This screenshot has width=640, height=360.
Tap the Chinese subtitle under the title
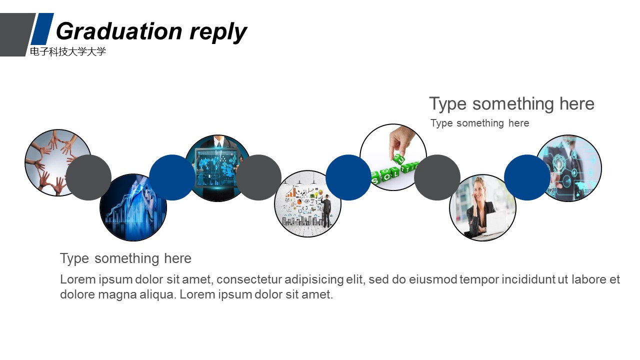[68, 51]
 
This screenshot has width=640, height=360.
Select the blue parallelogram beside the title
[42, 28]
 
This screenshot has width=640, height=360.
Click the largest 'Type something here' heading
[511, 104]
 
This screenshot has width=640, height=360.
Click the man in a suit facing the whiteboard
[326, 210]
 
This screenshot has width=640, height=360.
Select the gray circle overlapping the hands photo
[88, 177]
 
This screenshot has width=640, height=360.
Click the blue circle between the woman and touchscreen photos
[526, 177]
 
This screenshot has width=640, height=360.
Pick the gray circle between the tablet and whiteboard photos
[258, 177]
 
